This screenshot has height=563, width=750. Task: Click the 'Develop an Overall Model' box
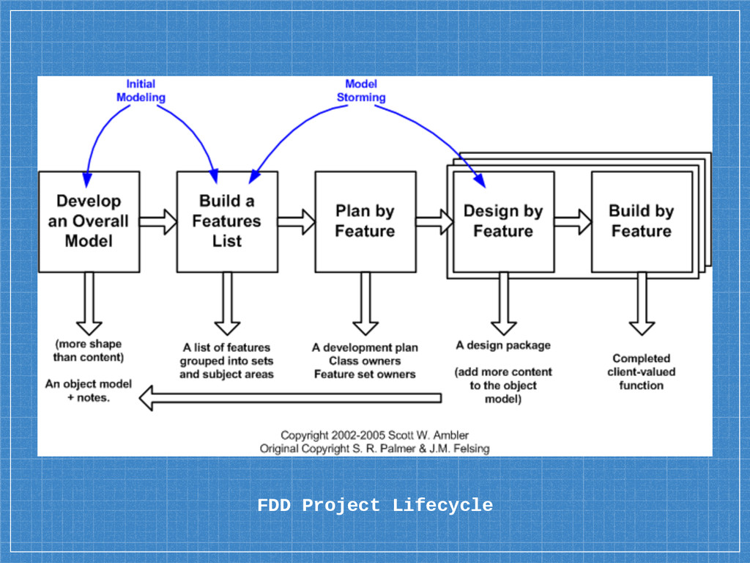click(x=89, y=221)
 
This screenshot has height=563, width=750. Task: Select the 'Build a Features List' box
click(x=227, y=221)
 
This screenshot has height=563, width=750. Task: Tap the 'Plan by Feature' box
click(x=365, y=221)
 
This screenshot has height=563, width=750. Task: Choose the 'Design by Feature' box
click(x=504, y=221)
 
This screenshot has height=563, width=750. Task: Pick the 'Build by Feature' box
click(x=642, y=221)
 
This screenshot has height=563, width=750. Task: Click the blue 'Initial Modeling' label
click(x=141, y=90)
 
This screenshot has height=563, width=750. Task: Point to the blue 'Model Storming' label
click(x=361, y=90)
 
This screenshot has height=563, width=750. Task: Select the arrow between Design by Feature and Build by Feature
click(x=573, y=221)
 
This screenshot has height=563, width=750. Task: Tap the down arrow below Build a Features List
click(x=227, y=303)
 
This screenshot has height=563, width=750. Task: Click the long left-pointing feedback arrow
click(x=290, y=398)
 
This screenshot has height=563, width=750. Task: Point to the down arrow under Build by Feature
click(x=642, y=303)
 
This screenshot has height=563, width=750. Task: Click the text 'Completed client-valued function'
click(x=642, y=372)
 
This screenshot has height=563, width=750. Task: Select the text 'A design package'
click(x=503, y=345)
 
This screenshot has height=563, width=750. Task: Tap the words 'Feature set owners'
click(x=365, y=375)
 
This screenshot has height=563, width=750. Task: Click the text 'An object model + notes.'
click(x=89, y=391)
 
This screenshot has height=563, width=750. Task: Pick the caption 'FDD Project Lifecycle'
click(x=375, y=506)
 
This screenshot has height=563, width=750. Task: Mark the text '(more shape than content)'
click(x=89, y=350)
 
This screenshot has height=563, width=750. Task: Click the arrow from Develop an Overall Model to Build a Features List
click(x=158, y=221)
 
